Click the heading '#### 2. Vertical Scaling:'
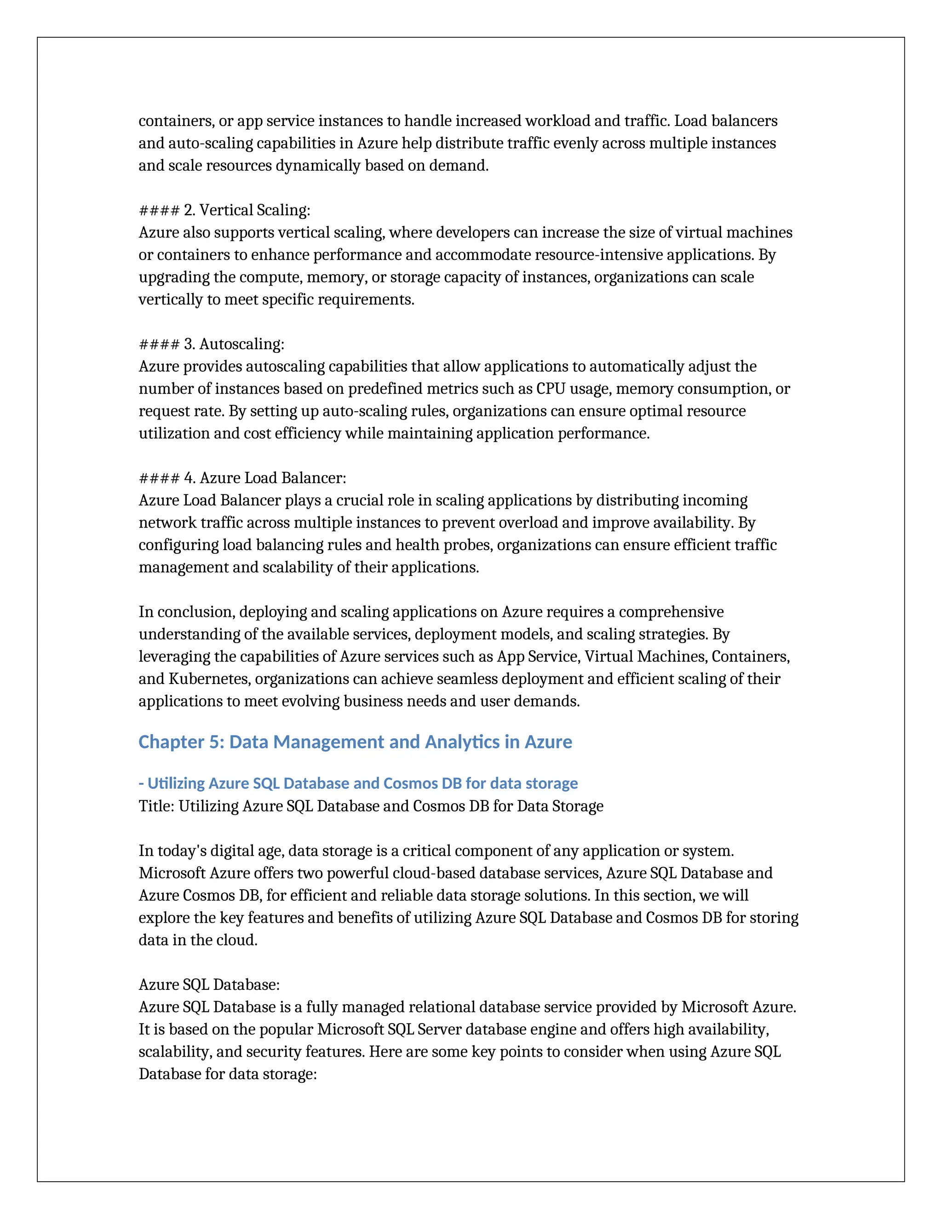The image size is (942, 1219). click(x=224, y=210)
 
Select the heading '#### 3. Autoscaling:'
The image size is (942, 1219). click(x=212, y=345)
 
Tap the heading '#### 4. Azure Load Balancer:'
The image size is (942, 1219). click(x=242, y=478)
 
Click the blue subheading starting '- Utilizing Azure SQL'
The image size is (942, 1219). click(x=358, y=784)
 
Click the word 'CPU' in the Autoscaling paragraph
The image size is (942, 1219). click(x=551, y=389)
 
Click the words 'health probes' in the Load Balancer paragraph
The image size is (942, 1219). click(x=444, y=545)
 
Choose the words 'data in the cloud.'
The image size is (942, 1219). click(x=197, y=941)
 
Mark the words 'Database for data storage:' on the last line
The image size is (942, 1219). click(x=228, y=1075)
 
